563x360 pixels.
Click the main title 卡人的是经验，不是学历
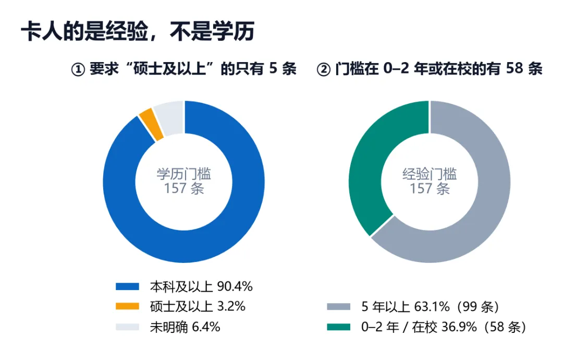138,32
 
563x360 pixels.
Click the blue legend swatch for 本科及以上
128,286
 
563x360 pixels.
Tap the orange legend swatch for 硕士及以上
128,306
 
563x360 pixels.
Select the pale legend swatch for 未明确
128,327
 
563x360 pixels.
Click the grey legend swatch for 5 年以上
339,306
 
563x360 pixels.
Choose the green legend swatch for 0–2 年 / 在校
339,327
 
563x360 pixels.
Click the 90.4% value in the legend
235,286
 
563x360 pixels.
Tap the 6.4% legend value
206,327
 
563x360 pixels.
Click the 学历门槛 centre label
184,174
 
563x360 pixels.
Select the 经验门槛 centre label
430,174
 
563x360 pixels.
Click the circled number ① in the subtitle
78,69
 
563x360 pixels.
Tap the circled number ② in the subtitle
324,69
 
